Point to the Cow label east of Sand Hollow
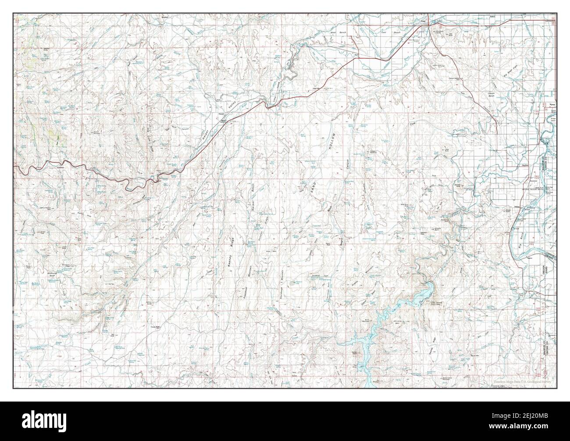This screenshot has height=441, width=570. (x=412, y=125)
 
